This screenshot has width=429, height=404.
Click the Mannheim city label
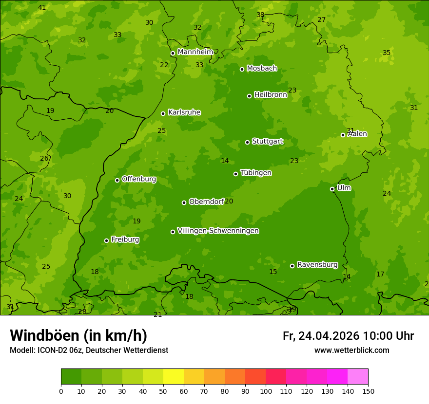[x=195, y=52]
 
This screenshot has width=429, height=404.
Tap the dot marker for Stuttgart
[x=247, y=142]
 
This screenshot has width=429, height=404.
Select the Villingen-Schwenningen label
[x=218, y=231]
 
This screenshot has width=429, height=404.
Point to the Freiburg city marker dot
[x=106, y=240]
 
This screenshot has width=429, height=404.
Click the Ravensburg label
[x=317, y=265]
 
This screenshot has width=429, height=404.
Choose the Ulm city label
[x=344, y=188]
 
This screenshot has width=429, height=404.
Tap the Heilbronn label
[x=270, y=95]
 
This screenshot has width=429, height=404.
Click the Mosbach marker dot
[x=242, y=69]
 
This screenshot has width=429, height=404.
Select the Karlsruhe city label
[x=184, y=112]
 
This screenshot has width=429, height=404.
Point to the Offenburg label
[x=138, y=179]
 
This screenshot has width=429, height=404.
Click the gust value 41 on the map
[x=42, y=7]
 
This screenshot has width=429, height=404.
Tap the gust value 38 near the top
[x=260, y=15]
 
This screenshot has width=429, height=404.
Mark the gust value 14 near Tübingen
[x=225, y=161]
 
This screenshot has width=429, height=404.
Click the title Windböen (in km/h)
[x=78, y=335]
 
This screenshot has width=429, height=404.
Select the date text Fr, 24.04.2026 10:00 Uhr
[x=348, y=336]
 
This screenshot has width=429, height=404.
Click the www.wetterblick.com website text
[x=351, y=350]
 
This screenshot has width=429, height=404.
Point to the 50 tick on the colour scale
[x=163, y=391]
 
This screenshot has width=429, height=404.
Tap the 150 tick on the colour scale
[x=368, y=391]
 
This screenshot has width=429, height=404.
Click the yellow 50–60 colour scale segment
[x=174, y=377]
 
